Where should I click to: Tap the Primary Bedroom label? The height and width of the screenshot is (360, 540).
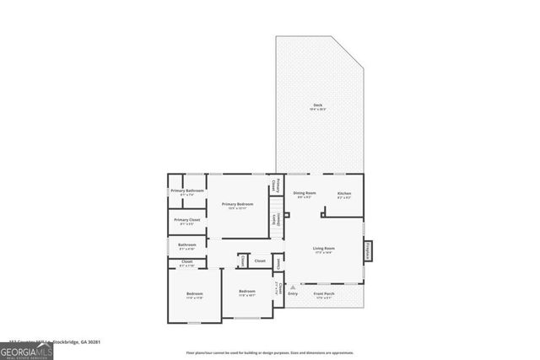point(238,206)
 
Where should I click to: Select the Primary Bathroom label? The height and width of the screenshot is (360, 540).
point(187,192)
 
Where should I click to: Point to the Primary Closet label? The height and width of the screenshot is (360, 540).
point(187,222)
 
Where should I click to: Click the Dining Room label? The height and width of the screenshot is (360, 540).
point(305,195)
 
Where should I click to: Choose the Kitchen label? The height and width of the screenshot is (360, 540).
point(344,195)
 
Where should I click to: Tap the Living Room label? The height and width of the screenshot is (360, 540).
point(324,250)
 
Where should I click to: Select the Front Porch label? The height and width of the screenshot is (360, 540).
point(324,295)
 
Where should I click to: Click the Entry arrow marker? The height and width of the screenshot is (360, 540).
point(292,287)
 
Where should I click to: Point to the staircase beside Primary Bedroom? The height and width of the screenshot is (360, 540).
point(276,204)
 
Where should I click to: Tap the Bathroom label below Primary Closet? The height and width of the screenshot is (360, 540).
point(187,246)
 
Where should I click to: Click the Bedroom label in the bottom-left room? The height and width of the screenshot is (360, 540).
point(194,295)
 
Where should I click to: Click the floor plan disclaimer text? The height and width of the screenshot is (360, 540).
point(269,352)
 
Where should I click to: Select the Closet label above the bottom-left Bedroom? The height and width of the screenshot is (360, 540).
point(186,263)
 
